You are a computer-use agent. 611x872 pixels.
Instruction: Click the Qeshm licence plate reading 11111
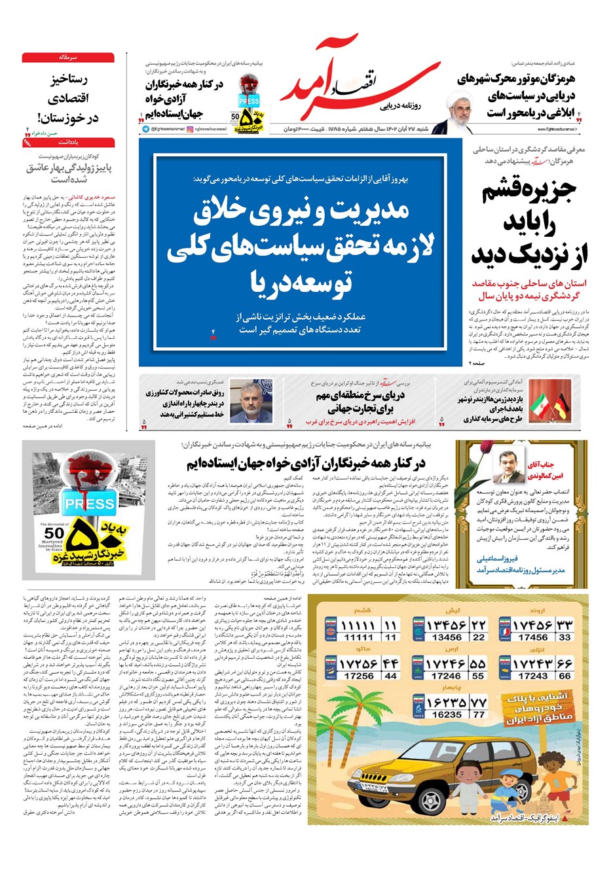point(360,631)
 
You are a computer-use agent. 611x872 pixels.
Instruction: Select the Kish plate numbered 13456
point(448,631)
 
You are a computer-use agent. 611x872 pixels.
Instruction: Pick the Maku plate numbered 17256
point(360,669)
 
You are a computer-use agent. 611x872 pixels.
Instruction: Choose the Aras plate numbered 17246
point(448,669)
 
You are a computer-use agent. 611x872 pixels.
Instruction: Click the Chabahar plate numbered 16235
point(448,708)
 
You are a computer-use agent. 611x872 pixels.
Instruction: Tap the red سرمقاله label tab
point(68,58)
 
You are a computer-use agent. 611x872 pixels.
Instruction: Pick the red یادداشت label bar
point(68,142)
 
